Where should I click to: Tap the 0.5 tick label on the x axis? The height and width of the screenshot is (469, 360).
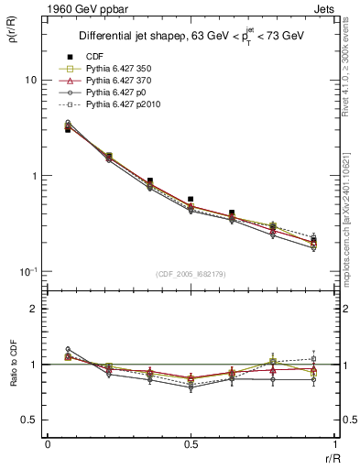190,443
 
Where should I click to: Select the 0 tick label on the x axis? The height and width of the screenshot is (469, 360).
48,443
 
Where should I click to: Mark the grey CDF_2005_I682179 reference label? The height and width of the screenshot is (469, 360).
190,274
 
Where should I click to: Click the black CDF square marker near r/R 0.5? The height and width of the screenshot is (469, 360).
191,199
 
